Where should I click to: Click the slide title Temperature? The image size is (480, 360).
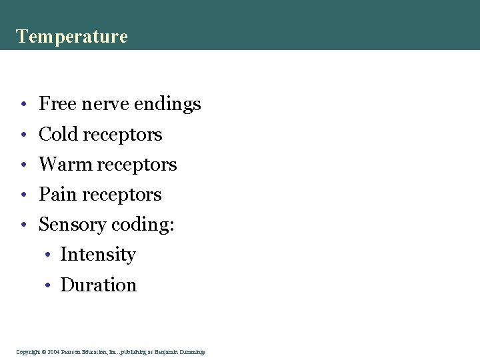tap(71, 36)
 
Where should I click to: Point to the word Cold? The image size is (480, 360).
tap(58, 134)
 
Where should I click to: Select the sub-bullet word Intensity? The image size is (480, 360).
tap(97, 255)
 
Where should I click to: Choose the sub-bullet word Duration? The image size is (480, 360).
tap(98, 285)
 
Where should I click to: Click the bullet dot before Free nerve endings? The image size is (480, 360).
tap(23, 105)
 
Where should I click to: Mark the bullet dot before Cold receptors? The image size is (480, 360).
tap(23, 135)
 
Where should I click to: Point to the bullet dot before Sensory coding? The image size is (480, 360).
tap(23, 225)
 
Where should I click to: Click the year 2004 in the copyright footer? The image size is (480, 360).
tap(54, 351)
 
